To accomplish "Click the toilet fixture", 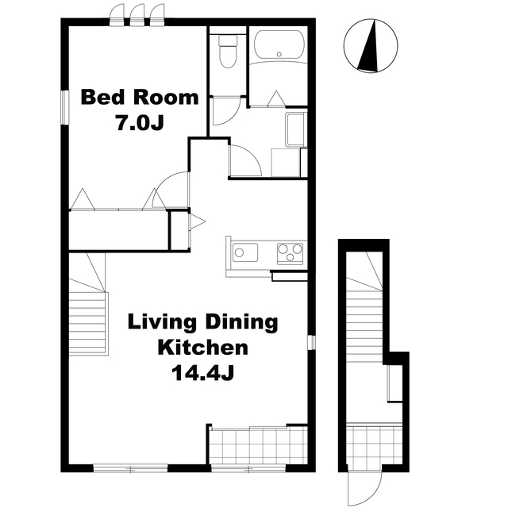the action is (x=228, y=51).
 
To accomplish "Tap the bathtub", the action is (x=279, y=45).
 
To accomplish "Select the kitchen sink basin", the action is (x=245, y=252).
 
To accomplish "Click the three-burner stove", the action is (x=291, y=253).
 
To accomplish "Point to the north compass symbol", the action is (x=371, y=46).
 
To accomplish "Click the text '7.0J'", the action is (x=140, y=123).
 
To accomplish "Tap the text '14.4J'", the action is (x=203, y=373).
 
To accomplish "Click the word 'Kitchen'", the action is (x=203, y=348).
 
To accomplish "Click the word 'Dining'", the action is (x=242, y=323).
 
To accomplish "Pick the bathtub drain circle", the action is (x=279, y=54).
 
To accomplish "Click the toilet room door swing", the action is (x=226, y=110).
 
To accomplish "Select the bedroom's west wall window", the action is (x=65, y=107).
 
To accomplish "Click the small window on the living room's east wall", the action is (x=311, y=342).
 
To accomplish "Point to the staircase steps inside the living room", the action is (x=87, y=322).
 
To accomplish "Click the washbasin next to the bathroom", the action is (x=294, y=129).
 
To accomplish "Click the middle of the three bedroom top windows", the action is (x=137, y=15).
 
